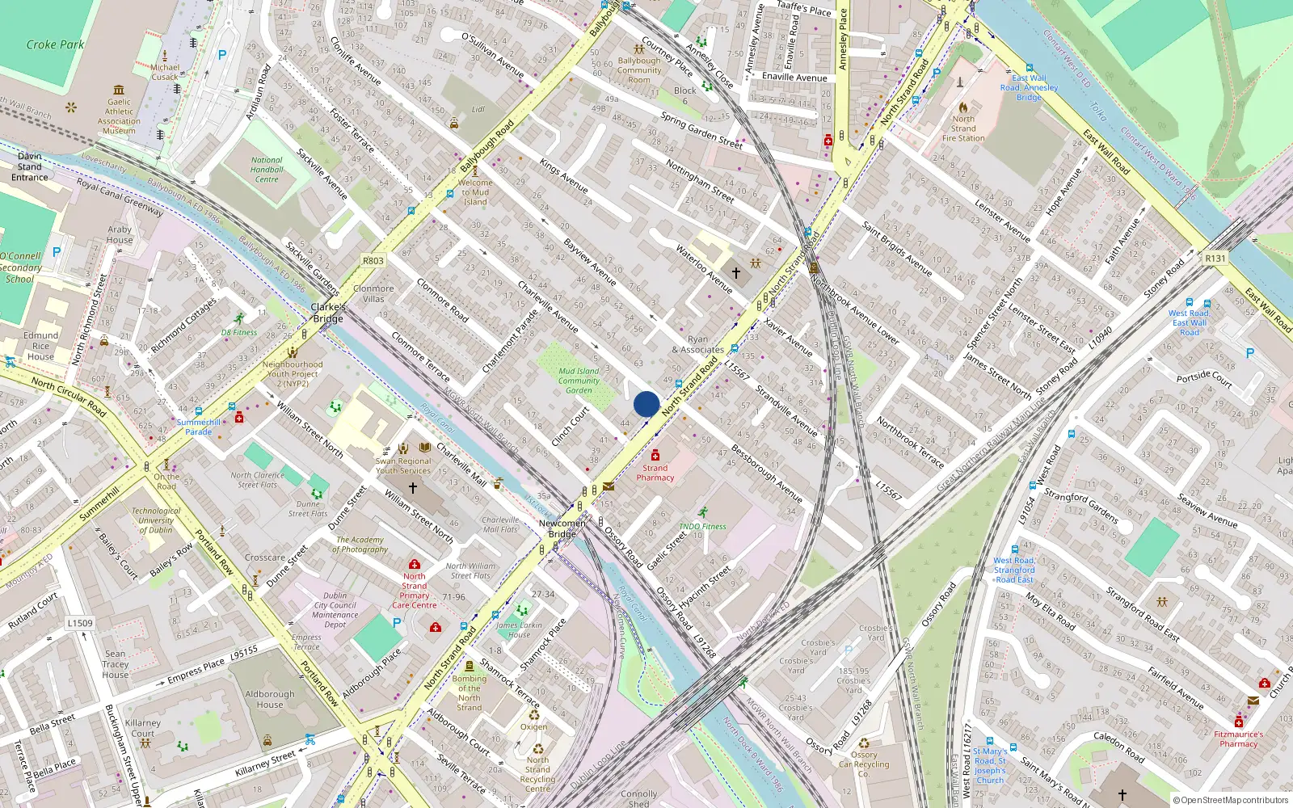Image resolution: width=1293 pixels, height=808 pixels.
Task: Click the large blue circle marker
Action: click(646, 404)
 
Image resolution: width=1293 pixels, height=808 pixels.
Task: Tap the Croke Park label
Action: click(55, 44)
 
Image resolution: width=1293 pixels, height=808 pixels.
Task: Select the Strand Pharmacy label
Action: click(655, 473)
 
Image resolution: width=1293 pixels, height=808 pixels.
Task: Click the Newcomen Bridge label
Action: click(562, 528)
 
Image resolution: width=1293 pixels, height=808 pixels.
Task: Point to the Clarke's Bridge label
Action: click(328, 313)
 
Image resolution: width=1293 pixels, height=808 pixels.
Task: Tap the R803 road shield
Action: click(373, 261)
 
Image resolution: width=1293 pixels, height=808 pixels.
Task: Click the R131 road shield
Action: click(1215, 259)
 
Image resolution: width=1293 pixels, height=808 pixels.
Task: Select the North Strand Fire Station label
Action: click(963, 128)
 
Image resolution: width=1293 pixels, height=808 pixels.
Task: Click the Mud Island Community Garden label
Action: click(579, 381)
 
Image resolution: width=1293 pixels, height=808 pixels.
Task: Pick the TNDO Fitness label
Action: click(702, 526)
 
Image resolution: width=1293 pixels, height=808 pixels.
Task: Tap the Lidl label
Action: click(478, 109)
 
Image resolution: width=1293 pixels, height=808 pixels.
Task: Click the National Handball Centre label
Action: click(267, 170)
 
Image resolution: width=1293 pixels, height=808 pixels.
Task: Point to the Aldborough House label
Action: click(270, 699)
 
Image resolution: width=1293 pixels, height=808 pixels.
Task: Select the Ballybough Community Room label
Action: click(639, 70)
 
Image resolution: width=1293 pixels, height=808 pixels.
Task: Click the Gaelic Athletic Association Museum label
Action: click(119, 116)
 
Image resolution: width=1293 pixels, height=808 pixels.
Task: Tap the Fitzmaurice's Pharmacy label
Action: click(1238, 739)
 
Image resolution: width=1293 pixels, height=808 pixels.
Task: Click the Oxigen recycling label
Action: click(533, 726)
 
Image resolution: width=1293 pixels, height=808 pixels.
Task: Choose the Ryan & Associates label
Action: click(697, 345)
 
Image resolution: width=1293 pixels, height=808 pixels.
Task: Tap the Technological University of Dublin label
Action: click(156, 520)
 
